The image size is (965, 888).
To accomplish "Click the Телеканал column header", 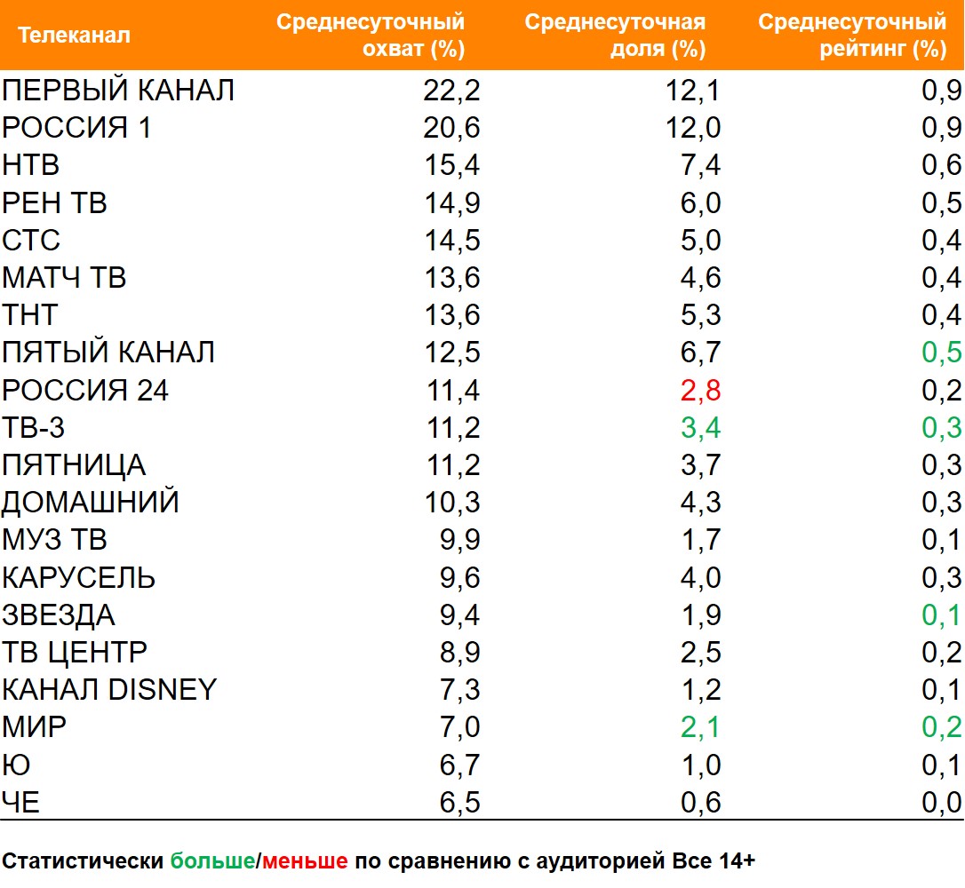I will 74,36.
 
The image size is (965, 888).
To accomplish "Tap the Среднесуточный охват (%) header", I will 371,36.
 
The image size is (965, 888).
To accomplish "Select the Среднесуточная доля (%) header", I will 615,36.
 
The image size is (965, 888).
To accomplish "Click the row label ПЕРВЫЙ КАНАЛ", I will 118,91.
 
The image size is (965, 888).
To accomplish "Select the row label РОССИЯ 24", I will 85,390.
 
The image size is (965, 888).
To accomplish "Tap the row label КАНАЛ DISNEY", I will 109,689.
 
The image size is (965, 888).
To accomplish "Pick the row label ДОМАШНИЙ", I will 91,503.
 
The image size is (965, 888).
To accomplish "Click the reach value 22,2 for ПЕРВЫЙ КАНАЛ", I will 452,91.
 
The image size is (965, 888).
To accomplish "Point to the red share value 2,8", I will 700,390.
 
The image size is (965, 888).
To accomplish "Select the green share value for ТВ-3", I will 700,428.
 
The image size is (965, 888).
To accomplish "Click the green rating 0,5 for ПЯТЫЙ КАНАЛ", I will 942,353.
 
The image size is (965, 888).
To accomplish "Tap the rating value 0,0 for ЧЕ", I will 942,803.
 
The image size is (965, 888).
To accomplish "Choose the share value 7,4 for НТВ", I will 702,165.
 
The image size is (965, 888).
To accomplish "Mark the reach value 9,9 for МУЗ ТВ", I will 459,540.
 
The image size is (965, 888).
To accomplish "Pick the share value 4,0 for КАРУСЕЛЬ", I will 700,578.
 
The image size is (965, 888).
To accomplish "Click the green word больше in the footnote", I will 212,860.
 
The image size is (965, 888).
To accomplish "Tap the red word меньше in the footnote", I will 305,860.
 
